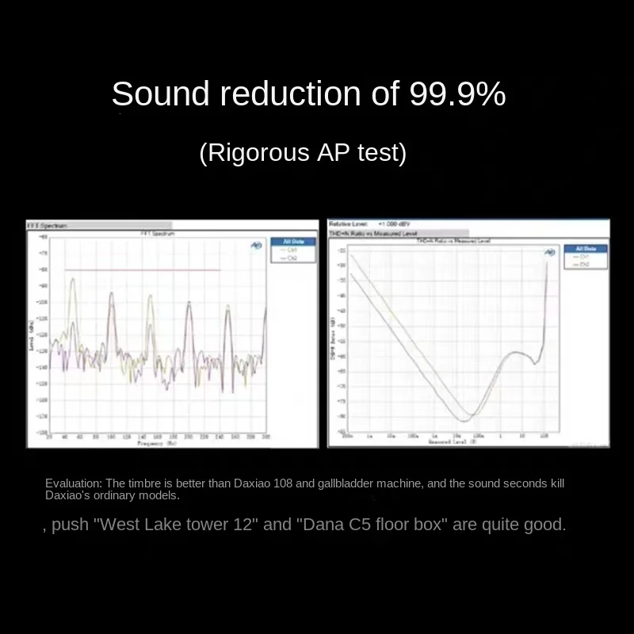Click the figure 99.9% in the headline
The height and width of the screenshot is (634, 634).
[457, 94]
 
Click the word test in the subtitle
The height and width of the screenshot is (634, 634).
[380, 152]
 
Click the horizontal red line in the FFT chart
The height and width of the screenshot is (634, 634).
[143, 270]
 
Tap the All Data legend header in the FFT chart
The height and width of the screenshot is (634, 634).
[283, 242]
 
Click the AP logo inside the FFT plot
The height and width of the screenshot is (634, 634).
[256, 246]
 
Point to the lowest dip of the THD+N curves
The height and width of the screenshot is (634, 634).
[465, 420]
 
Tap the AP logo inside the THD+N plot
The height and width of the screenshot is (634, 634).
[549, 252]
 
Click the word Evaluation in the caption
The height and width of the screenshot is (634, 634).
[73, 483]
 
